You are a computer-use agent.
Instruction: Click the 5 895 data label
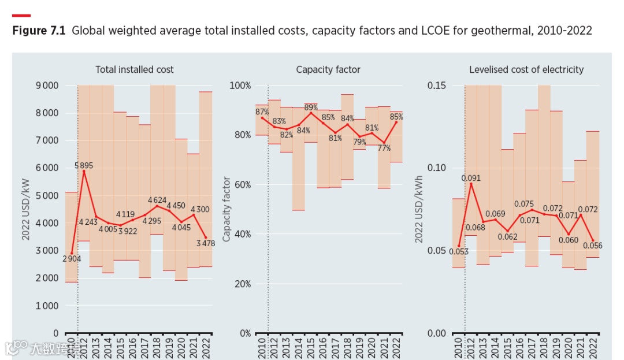point(84,165)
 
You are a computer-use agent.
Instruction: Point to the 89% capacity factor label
point(311,107)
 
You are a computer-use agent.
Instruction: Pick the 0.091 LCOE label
point(471,178)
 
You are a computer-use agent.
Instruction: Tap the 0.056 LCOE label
point(592,246)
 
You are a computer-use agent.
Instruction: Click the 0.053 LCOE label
point(458,251)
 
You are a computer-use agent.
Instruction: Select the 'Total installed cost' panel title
point(134,69)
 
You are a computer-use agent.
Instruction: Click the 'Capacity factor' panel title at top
point(328,69)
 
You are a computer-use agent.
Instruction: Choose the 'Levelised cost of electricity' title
point(526,69)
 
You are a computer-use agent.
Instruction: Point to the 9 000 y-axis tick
point(47,86)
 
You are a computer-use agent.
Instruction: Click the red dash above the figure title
point(21,16)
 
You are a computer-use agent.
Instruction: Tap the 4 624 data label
point(158,201)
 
